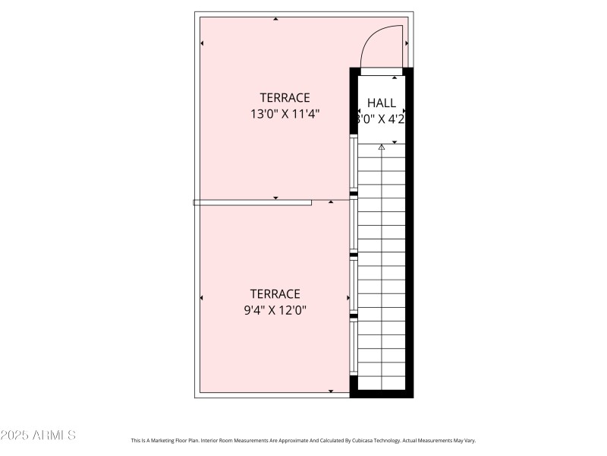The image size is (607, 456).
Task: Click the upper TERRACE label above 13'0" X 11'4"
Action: (x=285, y=97)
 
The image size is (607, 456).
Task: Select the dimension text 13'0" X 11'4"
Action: (x=285, y=114)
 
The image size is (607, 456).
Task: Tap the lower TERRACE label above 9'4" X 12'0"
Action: (x=275, y=293)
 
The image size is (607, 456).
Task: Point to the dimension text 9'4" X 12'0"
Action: (x=275, y=310)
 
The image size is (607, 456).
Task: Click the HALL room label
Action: (x=381, y=103)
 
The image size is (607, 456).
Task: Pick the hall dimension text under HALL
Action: (x=381, y=119)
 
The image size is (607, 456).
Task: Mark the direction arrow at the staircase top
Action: (x=382, y=147)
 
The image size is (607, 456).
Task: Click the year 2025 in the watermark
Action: (x=15, y=435)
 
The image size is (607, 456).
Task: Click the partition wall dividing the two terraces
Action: (x=253, y=202)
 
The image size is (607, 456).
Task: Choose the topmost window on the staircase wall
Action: (x=354, y=162)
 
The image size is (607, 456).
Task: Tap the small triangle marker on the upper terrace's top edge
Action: (x=275, y=19)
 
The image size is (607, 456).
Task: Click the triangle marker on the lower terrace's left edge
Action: (x=202, y=297)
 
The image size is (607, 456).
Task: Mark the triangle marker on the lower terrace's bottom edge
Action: (x=331, y=391)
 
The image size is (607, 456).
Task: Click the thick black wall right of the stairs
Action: (x=409, y=228)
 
